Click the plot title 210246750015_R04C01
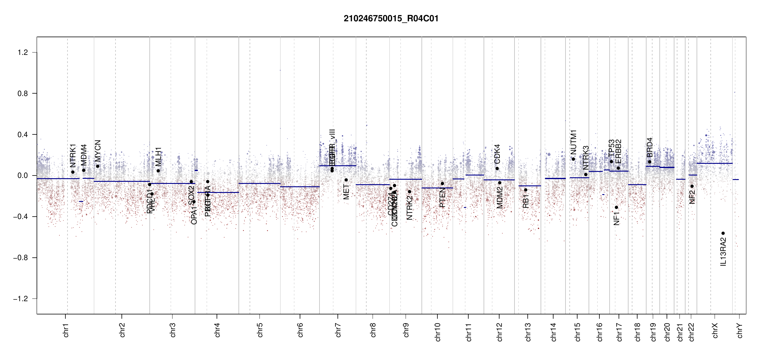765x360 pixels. tap(391, 19)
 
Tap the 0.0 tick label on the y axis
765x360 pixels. tap(23, 175)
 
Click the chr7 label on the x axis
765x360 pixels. tap(338, 330)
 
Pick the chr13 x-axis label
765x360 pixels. tap(528, 332)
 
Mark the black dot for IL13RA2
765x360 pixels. tap(723, 233)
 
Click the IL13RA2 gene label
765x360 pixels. tap(723, 251)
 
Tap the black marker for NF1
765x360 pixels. tap(616, 207)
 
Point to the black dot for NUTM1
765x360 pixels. tap(573, 159)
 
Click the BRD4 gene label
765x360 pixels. tap(650, 147)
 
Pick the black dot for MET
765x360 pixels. tap(346, 180)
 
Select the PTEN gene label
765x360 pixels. tap(442, 198)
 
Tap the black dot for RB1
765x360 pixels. tap(526, 190)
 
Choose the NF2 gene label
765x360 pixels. tap(692, 197)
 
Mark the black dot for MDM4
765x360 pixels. tap(84, 170)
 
